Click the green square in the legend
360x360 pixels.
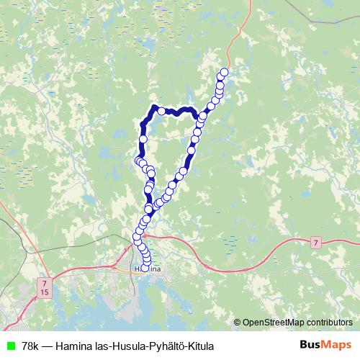[9, 346]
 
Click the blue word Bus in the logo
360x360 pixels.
[311, 346]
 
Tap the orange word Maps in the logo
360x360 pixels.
[338, 346]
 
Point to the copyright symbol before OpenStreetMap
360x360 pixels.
[238, 323]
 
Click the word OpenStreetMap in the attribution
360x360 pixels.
[273, 323]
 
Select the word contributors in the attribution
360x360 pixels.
[329, 323]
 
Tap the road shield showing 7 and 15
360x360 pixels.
[45, 288]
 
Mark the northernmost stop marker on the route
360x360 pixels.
[224, 72]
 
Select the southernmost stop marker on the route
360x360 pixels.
[145, 268]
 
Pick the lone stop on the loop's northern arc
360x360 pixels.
[162, 111]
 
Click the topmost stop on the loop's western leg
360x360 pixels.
[143, 138]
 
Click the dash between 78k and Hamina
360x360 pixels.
[47, 346]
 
